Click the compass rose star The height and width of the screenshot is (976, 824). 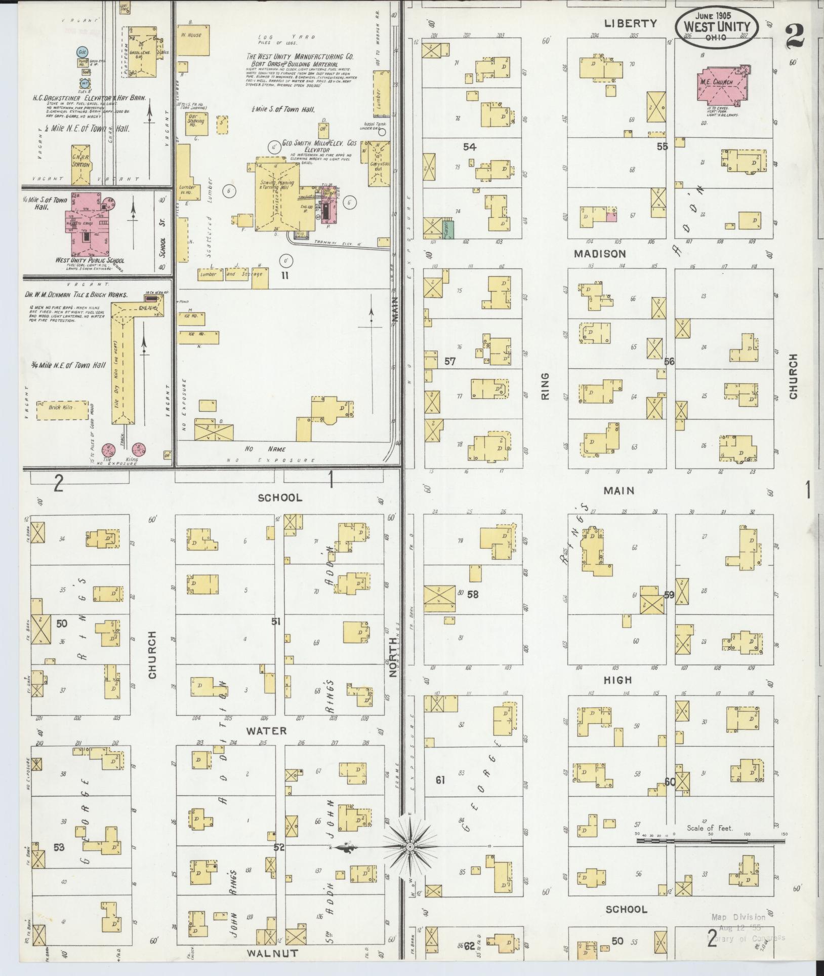coord(410,846)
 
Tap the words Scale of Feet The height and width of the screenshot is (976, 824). coord(710,828)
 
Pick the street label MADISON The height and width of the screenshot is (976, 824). coord(600,254)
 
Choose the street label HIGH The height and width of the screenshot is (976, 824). coord(617,680)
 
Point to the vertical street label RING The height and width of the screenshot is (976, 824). coord(545,386)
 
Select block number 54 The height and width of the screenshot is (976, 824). coord(470,147)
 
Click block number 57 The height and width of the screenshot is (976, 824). coord(450,362)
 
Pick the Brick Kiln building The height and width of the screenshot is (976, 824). coord(62,407)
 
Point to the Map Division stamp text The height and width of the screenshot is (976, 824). coord(738,917)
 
